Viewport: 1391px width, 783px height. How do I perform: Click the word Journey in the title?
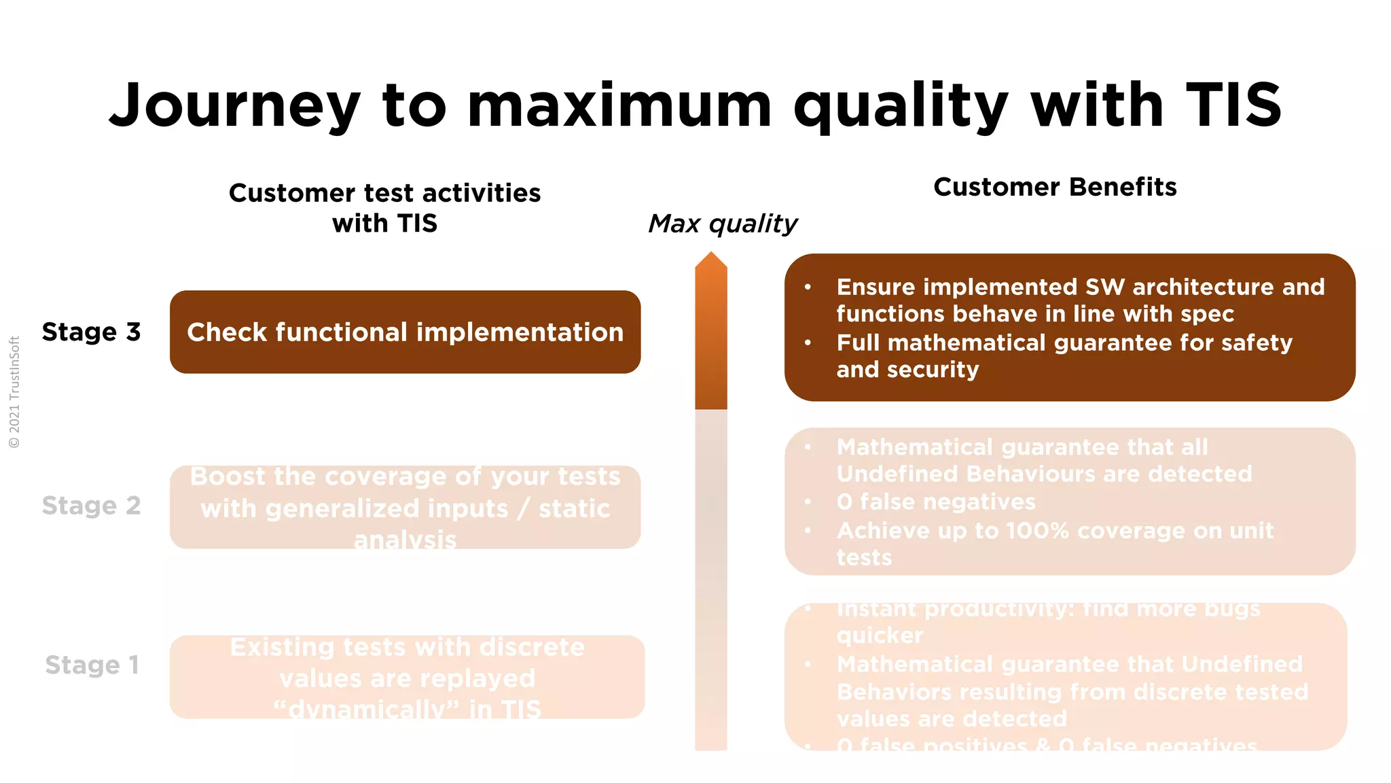tap(234, 105)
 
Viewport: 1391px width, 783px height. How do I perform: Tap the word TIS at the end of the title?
tap(1233, 105)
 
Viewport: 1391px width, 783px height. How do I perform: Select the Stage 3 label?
tap(91, 332)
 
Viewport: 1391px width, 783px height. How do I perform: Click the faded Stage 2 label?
tap(91, 506)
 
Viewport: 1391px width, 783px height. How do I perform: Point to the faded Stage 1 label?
tap(92, 665)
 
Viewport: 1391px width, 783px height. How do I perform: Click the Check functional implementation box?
tap(405, 332)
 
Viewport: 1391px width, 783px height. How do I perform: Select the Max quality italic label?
tap(723, 224)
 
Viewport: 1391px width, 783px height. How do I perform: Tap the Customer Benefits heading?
tap(1055, 187)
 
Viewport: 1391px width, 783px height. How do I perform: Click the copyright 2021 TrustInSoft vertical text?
tap(14, 392)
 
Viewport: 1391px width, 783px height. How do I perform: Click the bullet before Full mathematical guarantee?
tap(808, 343)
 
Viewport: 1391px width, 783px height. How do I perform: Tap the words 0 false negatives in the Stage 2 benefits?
tap(936, 502)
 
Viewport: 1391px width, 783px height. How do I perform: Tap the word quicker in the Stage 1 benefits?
tap(880, 636)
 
